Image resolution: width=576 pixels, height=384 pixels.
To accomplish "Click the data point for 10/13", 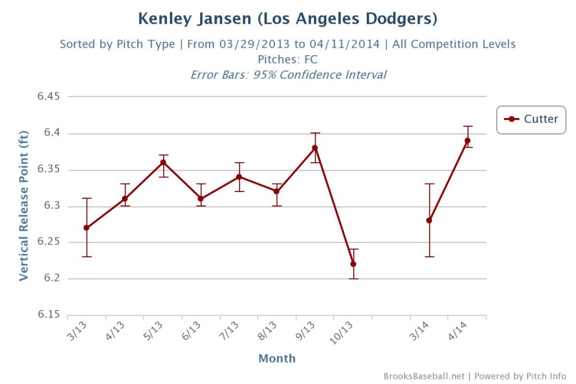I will (x=353, y=264).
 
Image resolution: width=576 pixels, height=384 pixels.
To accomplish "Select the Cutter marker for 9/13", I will (x=315, y=148).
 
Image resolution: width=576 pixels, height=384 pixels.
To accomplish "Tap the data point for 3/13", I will (x=87, y=228).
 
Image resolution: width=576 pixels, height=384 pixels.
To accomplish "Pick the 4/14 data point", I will (x=467, y=141).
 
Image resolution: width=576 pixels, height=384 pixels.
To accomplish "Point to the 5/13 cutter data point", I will (x=163, y=162).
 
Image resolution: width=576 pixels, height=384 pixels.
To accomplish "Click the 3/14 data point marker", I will (x=429, y=221).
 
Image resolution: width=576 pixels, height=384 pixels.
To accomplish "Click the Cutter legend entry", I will (x=531, y=119).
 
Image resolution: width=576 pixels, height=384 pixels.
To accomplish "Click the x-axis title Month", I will (x=277, y=358).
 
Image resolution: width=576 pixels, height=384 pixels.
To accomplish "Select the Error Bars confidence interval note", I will (x=288, y=74).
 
